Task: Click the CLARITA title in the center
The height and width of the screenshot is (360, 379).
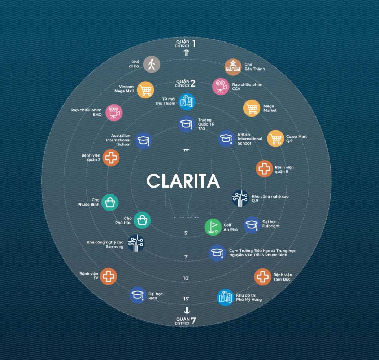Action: (183, 181)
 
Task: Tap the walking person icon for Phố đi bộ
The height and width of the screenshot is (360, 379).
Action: (152, 65)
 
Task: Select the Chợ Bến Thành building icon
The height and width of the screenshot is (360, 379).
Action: (233, 67)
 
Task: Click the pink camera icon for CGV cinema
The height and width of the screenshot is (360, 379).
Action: (221, 87)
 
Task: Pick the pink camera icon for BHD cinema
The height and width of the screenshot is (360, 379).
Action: (114, 113)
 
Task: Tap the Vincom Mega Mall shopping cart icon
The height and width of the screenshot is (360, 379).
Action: (145, 89)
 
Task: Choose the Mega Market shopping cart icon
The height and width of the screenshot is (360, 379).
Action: (252, 108)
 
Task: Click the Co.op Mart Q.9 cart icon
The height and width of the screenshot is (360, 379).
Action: (276, 139)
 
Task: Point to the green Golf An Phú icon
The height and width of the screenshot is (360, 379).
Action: (213, 227)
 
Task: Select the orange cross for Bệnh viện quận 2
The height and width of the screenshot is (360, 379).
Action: (111, 158)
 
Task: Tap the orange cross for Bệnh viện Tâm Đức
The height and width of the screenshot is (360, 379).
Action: (262, 277)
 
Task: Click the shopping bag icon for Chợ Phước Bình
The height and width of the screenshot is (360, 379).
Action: (110, 202)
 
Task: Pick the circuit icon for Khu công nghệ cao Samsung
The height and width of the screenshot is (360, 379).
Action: (136, 243)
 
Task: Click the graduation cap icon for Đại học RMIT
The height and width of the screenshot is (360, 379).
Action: (138, 295)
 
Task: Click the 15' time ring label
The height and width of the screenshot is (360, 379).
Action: (186, 299)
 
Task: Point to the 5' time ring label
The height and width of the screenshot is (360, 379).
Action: (186, 233)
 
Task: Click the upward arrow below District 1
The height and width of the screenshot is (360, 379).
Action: (186, 53)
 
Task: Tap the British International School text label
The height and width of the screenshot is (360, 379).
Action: (250, 139)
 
